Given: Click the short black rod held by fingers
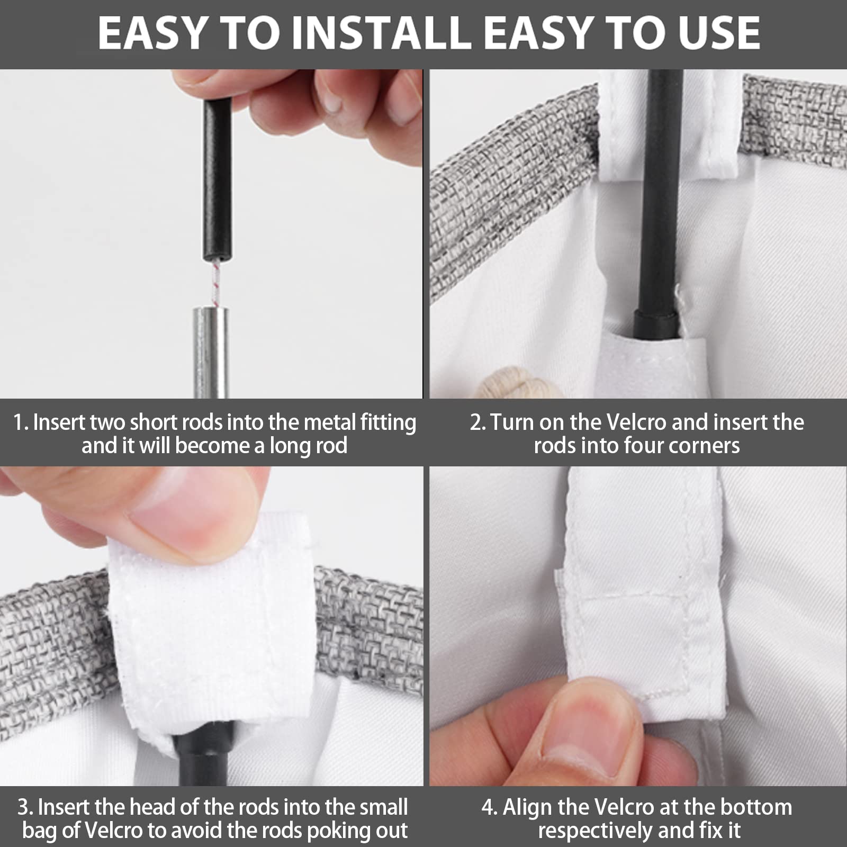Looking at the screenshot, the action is pos(217,180).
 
